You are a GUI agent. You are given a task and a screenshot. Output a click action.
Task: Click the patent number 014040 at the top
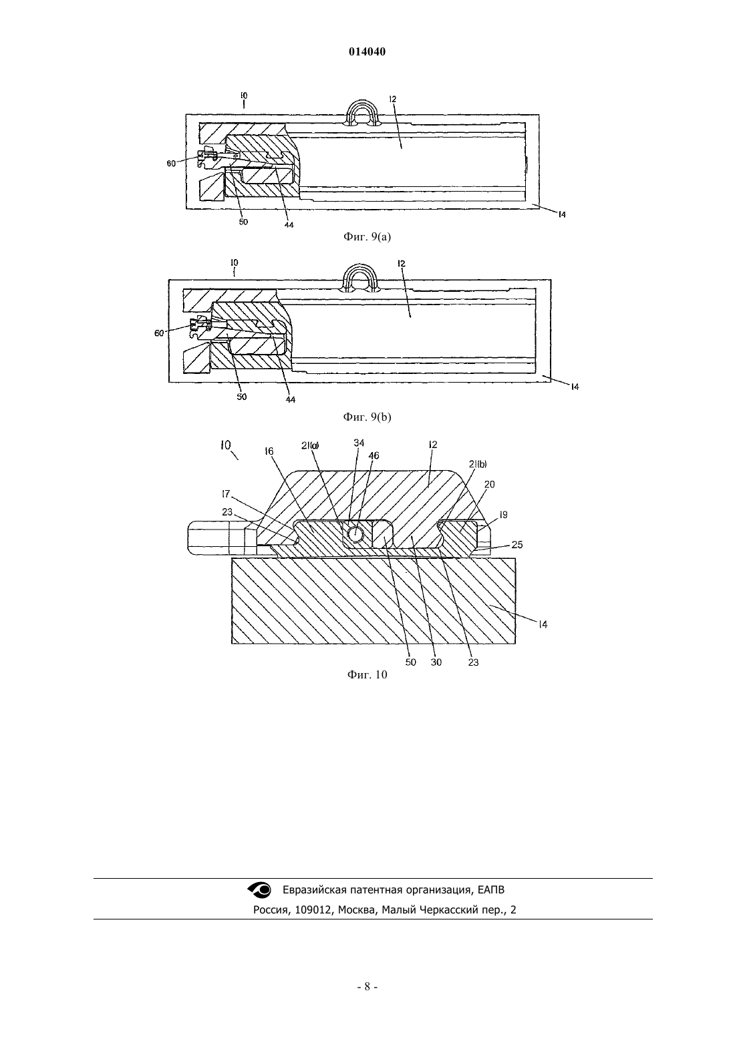[367, 52]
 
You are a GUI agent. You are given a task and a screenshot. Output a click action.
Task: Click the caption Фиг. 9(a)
[367, 237]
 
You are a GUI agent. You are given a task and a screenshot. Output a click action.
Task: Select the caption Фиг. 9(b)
[367, 417]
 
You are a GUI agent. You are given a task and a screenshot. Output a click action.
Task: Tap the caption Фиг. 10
[367, 674]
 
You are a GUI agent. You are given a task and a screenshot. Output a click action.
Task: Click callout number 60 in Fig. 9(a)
[171, 164]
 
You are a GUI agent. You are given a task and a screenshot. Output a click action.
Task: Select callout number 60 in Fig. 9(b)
[159, 333]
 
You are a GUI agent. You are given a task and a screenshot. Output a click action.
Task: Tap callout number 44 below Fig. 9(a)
[289, 224]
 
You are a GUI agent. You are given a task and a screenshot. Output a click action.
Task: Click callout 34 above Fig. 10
[359, 443]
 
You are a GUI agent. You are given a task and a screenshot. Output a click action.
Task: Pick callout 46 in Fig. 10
[374, 455]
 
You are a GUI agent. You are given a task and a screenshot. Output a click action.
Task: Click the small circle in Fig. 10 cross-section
[356, 534]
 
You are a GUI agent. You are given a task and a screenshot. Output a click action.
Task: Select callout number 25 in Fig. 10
[517, 545]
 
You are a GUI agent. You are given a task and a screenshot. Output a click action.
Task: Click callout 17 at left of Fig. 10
[226, 493]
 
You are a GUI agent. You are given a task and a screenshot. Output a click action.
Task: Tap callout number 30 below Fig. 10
[436, 662]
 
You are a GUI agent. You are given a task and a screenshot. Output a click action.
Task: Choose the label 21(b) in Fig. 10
[478, 464]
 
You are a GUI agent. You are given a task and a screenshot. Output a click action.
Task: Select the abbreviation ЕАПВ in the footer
[491, 889]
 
